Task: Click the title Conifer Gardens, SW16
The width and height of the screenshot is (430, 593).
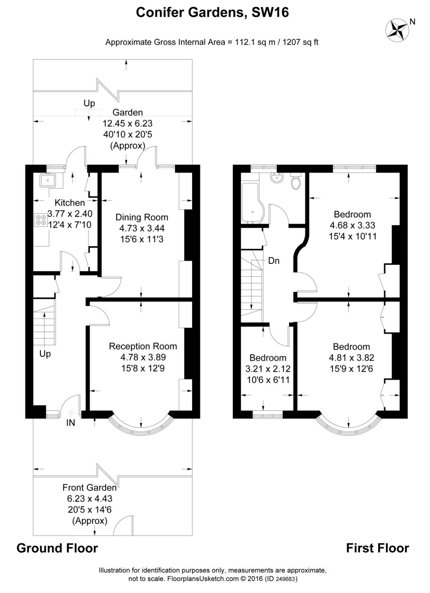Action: (212, 13)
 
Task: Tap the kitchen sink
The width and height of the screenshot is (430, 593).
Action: (50, 181)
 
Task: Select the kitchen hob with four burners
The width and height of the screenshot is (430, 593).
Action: (40, 219)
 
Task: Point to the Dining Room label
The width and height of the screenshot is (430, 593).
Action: (141, 217)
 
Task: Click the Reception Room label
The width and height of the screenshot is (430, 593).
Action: (143, 346)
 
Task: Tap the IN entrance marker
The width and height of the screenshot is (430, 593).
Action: (70, 423)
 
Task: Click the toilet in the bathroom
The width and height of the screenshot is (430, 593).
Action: (295, 181)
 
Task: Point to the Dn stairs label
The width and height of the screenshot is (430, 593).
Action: (273, 261)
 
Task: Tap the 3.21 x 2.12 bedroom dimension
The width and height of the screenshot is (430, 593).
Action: (268, 369)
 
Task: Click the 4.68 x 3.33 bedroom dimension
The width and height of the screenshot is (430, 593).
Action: (352, 225)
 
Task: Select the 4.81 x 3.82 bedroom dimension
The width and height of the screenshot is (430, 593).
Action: (351, 358)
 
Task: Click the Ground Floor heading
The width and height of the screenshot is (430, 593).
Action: (57, 548)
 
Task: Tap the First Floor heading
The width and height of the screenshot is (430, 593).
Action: (377, 548)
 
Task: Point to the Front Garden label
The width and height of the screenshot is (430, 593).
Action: (89, 487)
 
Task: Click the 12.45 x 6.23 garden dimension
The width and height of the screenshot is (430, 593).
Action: (127, 123)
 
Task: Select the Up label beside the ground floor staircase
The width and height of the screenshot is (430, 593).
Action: (45, 353)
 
